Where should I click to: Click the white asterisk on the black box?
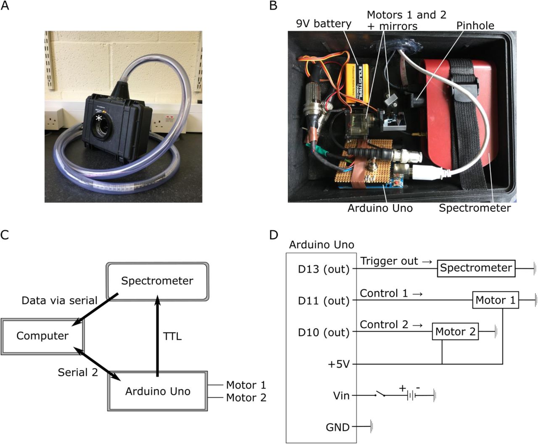pos(99,119)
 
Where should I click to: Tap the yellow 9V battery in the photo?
pos(358,87)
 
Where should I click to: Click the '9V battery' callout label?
pos(323,23)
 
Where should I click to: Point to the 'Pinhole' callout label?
pos(475,25)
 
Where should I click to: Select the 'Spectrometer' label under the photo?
pos(475,208)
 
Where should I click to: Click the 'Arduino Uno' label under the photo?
pos(380,208)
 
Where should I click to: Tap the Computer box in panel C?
pos(42,336)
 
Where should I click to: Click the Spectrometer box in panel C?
pos(157,281)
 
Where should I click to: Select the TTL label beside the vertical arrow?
pos(172,336)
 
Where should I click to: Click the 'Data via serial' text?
pos(59,301)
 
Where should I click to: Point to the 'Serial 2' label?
pos(78,372)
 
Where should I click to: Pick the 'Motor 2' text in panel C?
pos(246,398)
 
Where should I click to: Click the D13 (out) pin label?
pos(324,269)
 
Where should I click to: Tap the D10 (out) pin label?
pos(324,332)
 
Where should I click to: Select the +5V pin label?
pos(338,364)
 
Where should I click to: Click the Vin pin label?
pos(341,396)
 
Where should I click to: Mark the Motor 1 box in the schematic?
pos(495,300)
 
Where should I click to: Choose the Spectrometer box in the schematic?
pos(476,268)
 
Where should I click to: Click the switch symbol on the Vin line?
pos(382,395)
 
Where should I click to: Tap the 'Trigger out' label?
pos(389,261)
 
